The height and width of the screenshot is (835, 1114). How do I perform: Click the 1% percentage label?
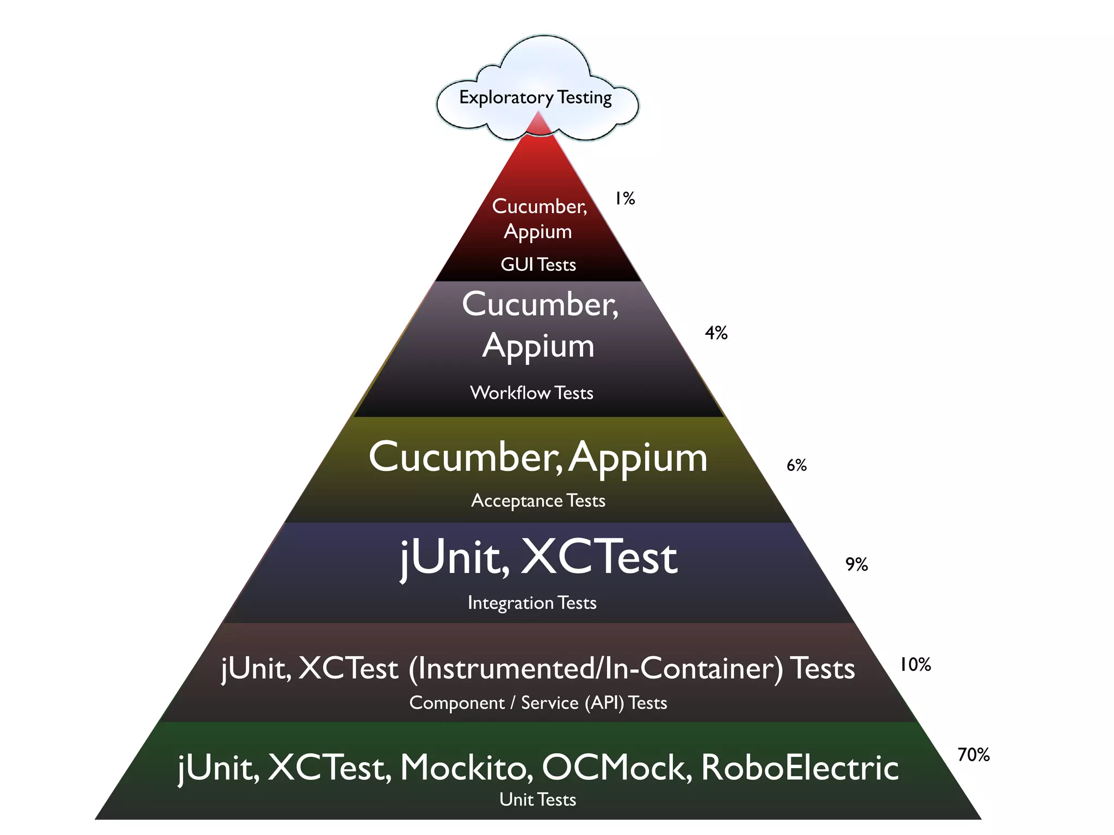coord(624,199)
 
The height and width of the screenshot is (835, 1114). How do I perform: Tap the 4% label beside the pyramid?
coord(716,333)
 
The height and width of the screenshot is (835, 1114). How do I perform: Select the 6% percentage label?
coord(796,465)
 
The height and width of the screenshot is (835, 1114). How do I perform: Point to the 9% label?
coord(856,565)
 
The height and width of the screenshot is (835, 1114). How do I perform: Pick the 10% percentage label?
coord(915,665)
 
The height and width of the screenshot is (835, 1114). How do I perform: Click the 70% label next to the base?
coord(974,755)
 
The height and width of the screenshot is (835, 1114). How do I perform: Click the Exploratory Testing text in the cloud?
coord(535,97)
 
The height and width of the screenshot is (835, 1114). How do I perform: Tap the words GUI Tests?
coord(538,265)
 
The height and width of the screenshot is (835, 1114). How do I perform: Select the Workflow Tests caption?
coord(531,393)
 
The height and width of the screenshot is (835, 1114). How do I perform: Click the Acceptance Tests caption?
coord(538,501)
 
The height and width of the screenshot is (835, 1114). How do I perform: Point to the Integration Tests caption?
coord(532,603)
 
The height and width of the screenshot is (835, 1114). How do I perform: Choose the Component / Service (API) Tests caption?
coord(538,703)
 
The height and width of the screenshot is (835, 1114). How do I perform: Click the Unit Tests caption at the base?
coord(537,800)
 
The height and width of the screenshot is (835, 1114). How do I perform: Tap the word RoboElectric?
coord(800,768)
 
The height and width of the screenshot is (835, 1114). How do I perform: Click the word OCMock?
coord(616,768)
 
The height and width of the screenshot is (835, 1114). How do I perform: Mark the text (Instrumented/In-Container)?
coord(596,669)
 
